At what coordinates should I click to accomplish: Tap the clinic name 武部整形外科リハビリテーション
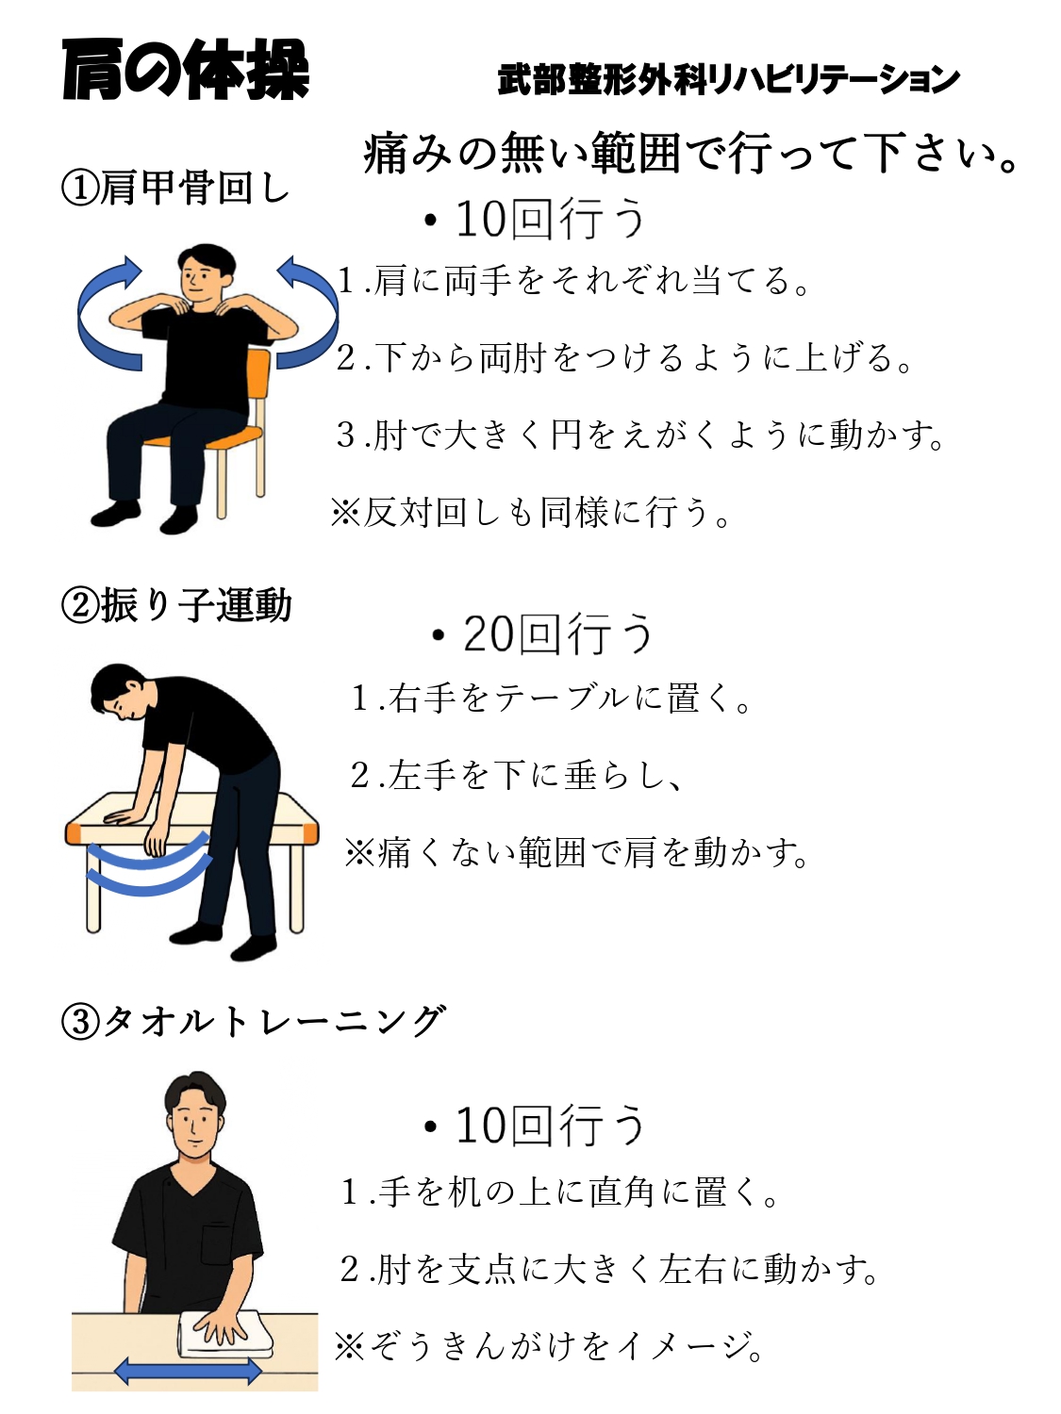click(728, 80)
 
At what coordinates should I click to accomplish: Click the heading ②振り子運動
click(175, 605)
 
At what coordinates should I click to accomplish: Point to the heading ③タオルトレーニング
click(252, 1021)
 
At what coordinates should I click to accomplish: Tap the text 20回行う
click(542, 633)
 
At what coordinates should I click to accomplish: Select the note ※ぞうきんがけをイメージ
click(548, 1345)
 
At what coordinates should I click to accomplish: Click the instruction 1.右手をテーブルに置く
click(551, 698)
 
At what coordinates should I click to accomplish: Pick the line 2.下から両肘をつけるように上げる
click(623, 357)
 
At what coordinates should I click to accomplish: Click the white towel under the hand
click(224, 1333)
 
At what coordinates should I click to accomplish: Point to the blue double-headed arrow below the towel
click(188, 1371)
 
